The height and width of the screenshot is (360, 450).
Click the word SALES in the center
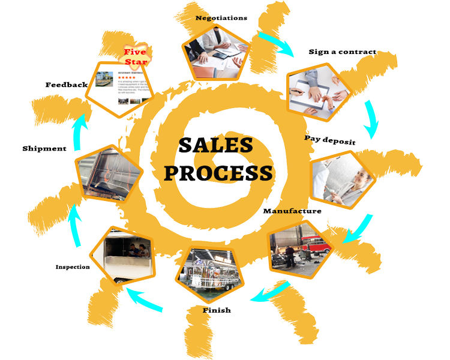[215, 145]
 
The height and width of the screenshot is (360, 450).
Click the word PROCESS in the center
[218, 173]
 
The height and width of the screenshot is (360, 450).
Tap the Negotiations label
[221, 18]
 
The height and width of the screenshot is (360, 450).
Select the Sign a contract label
[342, 52]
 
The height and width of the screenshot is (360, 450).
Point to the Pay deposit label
[329, 140]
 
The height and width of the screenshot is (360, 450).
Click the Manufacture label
[292, 211]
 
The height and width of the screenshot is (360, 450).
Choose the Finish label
[217, 310]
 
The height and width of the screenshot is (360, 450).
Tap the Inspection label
[73, 267]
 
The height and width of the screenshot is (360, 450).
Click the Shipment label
[44, 148]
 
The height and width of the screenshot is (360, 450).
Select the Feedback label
[66, 85]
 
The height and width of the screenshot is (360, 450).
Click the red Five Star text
[135, 56]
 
